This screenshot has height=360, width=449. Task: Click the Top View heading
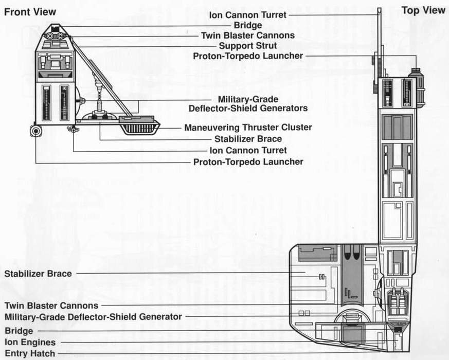click(x=423, y=10)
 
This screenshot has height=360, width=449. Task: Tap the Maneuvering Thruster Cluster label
click(x=248, y=128)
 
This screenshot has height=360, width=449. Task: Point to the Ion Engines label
click(x=30, y=342)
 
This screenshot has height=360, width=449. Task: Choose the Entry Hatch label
click(x=30, y=353)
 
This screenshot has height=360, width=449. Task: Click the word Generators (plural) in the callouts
click(x=284, y=108)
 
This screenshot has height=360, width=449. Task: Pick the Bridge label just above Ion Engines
click(x=19, y=331)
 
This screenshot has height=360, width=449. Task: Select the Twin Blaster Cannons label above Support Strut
click(x=248, y=35)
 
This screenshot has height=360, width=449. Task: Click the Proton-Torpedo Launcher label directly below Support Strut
click(x=248, y=56)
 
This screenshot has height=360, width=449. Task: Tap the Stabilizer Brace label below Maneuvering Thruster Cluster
click(x=248, y=139)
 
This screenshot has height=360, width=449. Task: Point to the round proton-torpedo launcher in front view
click(x=35, y=132)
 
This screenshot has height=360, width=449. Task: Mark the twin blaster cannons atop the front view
click(x=55, y=35)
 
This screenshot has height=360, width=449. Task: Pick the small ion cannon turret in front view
click(x=74, y=130)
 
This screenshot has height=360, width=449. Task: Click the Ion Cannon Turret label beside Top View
click(x=248, y=15)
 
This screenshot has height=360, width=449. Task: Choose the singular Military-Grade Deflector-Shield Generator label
click(x=93, y=317)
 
